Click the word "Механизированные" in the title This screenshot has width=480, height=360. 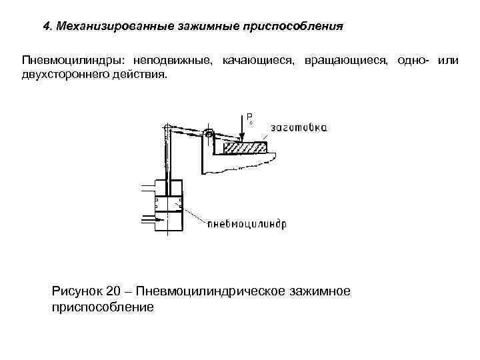(x=109, y=27)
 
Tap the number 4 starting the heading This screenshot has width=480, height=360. (x=46, y=27)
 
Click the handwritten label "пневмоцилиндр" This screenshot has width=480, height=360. (x=246, y=224)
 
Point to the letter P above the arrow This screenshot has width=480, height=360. (x=248, y=116)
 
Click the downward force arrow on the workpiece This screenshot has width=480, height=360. (x=243, y=131)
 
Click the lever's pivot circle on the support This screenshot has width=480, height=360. (x=209, y=135)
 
